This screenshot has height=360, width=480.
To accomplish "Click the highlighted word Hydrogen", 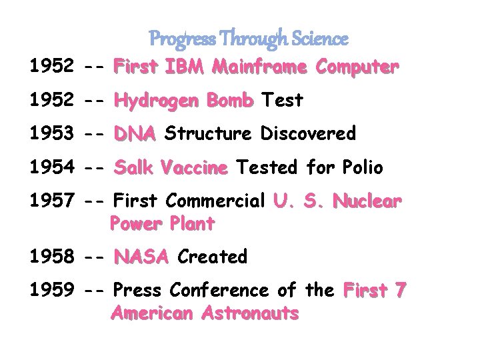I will point(157,101).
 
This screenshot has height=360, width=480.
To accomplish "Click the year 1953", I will point(51,134).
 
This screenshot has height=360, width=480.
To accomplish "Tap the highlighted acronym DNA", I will point(135,134).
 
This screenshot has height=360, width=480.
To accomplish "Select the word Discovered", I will point(308,134).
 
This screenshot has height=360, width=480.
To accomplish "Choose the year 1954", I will point(51,167).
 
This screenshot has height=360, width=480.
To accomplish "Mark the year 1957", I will point(51,201).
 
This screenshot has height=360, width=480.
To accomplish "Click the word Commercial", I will point(216,201).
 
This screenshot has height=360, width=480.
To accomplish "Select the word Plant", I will point(192,224).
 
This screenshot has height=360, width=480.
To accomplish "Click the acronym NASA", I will point(141,257).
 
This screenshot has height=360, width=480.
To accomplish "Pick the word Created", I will point(212,257).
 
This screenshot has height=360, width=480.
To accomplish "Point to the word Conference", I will point(219,290).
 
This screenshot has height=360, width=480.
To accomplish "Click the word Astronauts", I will point(251,313).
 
